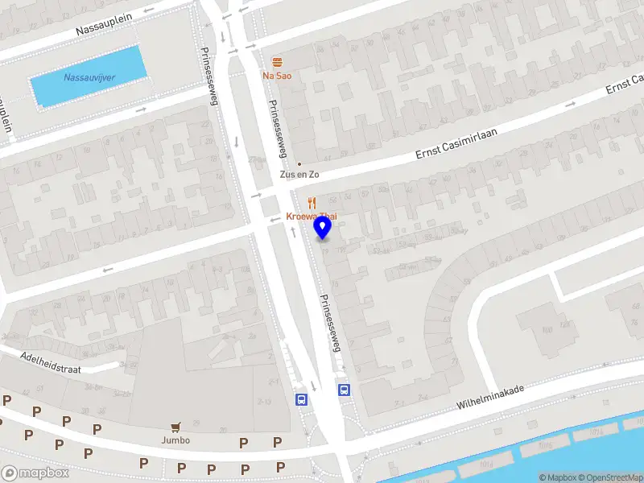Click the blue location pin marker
pos(323,227)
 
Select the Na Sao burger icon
pos(277,63)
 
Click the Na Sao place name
pos(277,76)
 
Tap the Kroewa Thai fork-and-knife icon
pos(312,203)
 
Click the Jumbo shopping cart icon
pos(175,428)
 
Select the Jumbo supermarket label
pos(175,440)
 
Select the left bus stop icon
pos(302,399)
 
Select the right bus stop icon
pos(344,390)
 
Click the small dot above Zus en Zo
pos(299,163)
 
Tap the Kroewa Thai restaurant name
pos(311,217)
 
